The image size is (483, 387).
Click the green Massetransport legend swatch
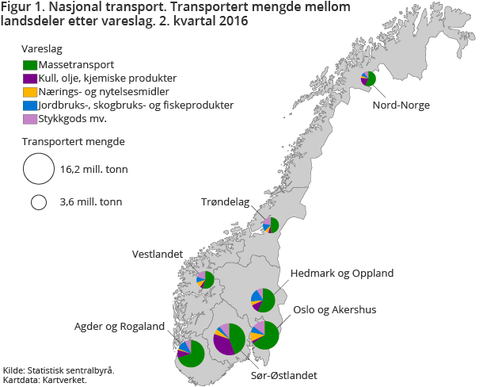31,64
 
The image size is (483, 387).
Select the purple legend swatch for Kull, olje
31,78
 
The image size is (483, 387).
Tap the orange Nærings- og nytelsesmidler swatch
31,91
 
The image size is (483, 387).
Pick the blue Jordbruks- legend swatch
31,105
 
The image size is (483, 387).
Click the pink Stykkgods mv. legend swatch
31,118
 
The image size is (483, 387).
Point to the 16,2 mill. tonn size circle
37,168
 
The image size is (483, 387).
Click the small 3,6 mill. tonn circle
37,202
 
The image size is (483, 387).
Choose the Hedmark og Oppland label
342,274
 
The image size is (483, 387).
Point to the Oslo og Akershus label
334,309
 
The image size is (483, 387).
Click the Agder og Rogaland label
120,327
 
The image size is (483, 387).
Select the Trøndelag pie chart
271,224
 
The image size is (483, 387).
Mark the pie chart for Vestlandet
206,279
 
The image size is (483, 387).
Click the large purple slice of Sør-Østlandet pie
224,344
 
